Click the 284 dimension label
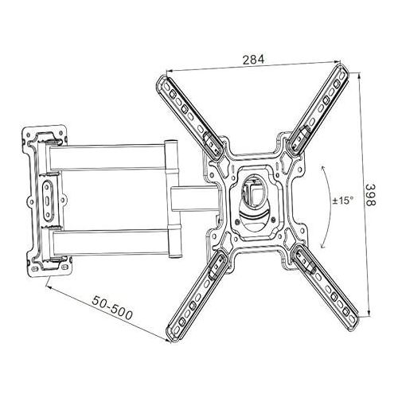click(254, 60)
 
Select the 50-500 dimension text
click(112, 308)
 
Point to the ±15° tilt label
click(343, 201)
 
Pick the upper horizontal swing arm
click(107, 157)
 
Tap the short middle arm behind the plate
click(195, 199)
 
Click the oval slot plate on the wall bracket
click(47, 201)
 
